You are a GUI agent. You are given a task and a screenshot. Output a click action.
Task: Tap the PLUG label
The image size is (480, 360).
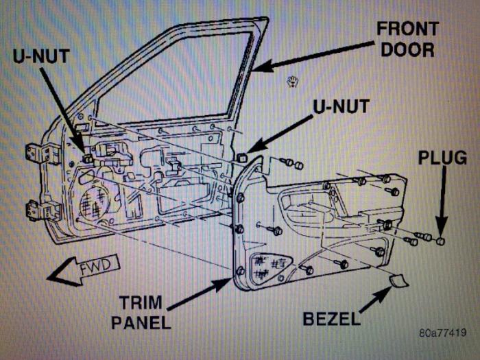pyautogui.click(x=442, y=158)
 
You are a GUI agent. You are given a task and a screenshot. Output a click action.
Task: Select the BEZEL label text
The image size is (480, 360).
pyautogui.click(x=331, y=318)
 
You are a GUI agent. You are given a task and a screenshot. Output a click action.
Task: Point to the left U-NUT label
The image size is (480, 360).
pyautogui.click(x=40, y=56)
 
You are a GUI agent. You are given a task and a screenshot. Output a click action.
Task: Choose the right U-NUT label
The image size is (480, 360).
pyautogui.click(x=341, y=106)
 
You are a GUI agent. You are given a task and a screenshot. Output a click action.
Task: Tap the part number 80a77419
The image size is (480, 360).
pyautogui.click(x=442, y=333)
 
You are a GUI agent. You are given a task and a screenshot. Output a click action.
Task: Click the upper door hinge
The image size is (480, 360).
pyautogui.click(x=38, y=153)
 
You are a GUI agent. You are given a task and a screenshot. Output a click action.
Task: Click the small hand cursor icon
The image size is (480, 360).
pyautogui.click(x=293, y=83)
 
